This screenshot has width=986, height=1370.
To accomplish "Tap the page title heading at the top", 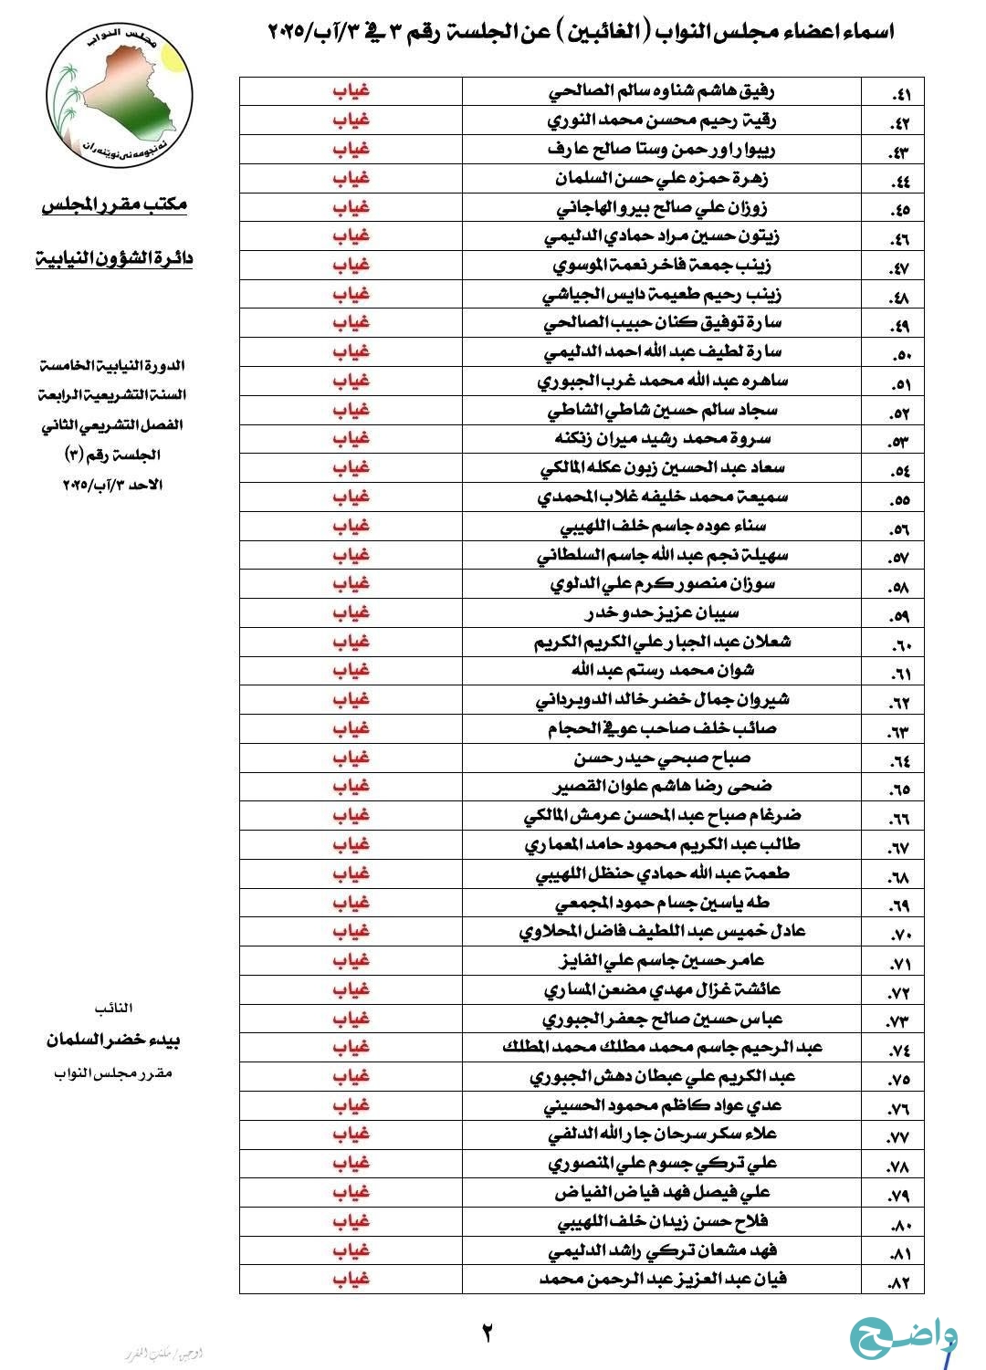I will [581, 33].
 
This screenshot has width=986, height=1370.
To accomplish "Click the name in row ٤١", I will [661, 91].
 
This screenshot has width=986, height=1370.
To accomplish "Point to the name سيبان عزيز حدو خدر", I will [661, 612].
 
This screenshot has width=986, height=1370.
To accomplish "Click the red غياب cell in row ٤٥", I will [351, 207].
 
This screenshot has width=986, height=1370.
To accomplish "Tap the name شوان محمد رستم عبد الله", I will [663, 670].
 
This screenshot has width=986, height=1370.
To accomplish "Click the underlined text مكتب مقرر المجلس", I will [114, 205].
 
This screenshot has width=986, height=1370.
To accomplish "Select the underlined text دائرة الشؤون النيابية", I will [114, 258].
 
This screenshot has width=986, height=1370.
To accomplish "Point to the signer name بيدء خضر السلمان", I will [114, 1040].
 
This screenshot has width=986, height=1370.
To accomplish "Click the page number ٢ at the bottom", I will [488, 1333].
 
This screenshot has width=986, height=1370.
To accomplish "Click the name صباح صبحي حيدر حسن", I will [662, 758].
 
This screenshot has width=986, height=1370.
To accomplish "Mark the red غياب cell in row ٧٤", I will [351, 1047].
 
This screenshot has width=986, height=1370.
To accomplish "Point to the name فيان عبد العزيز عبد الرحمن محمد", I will [662, 1279].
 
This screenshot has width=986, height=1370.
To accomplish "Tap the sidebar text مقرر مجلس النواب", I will [113, 1072].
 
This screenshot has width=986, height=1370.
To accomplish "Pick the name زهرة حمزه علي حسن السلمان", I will [661, 178].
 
